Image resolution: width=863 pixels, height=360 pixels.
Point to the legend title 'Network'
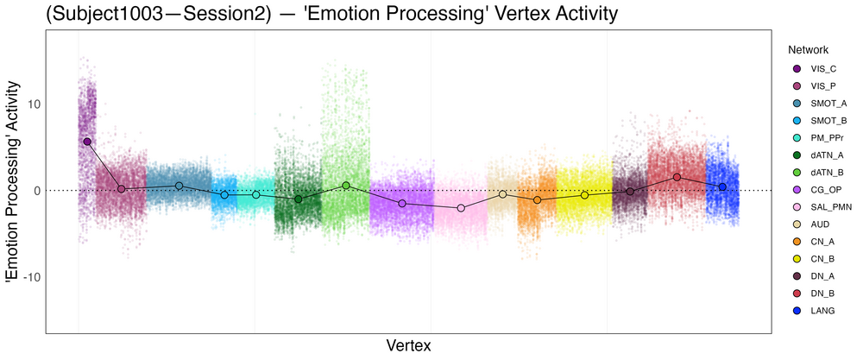808,49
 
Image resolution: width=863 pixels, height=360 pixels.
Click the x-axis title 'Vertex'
407,345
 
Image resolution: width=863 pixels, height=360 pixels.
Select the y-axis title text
12,182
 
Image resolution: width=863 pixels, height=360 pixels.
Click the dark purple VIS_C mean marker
87,141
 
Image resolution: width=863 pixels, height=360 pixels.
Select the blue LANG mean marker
722,186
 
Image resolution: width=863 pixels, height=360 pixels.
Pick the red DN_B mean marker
677,177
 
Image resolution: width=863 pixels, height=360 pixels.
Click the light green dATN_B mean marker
346,186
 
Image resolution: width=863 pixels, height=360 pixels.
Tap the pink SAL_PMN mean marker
461,208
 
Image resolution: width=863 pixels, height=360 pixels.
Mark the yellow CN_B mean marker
585,195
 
